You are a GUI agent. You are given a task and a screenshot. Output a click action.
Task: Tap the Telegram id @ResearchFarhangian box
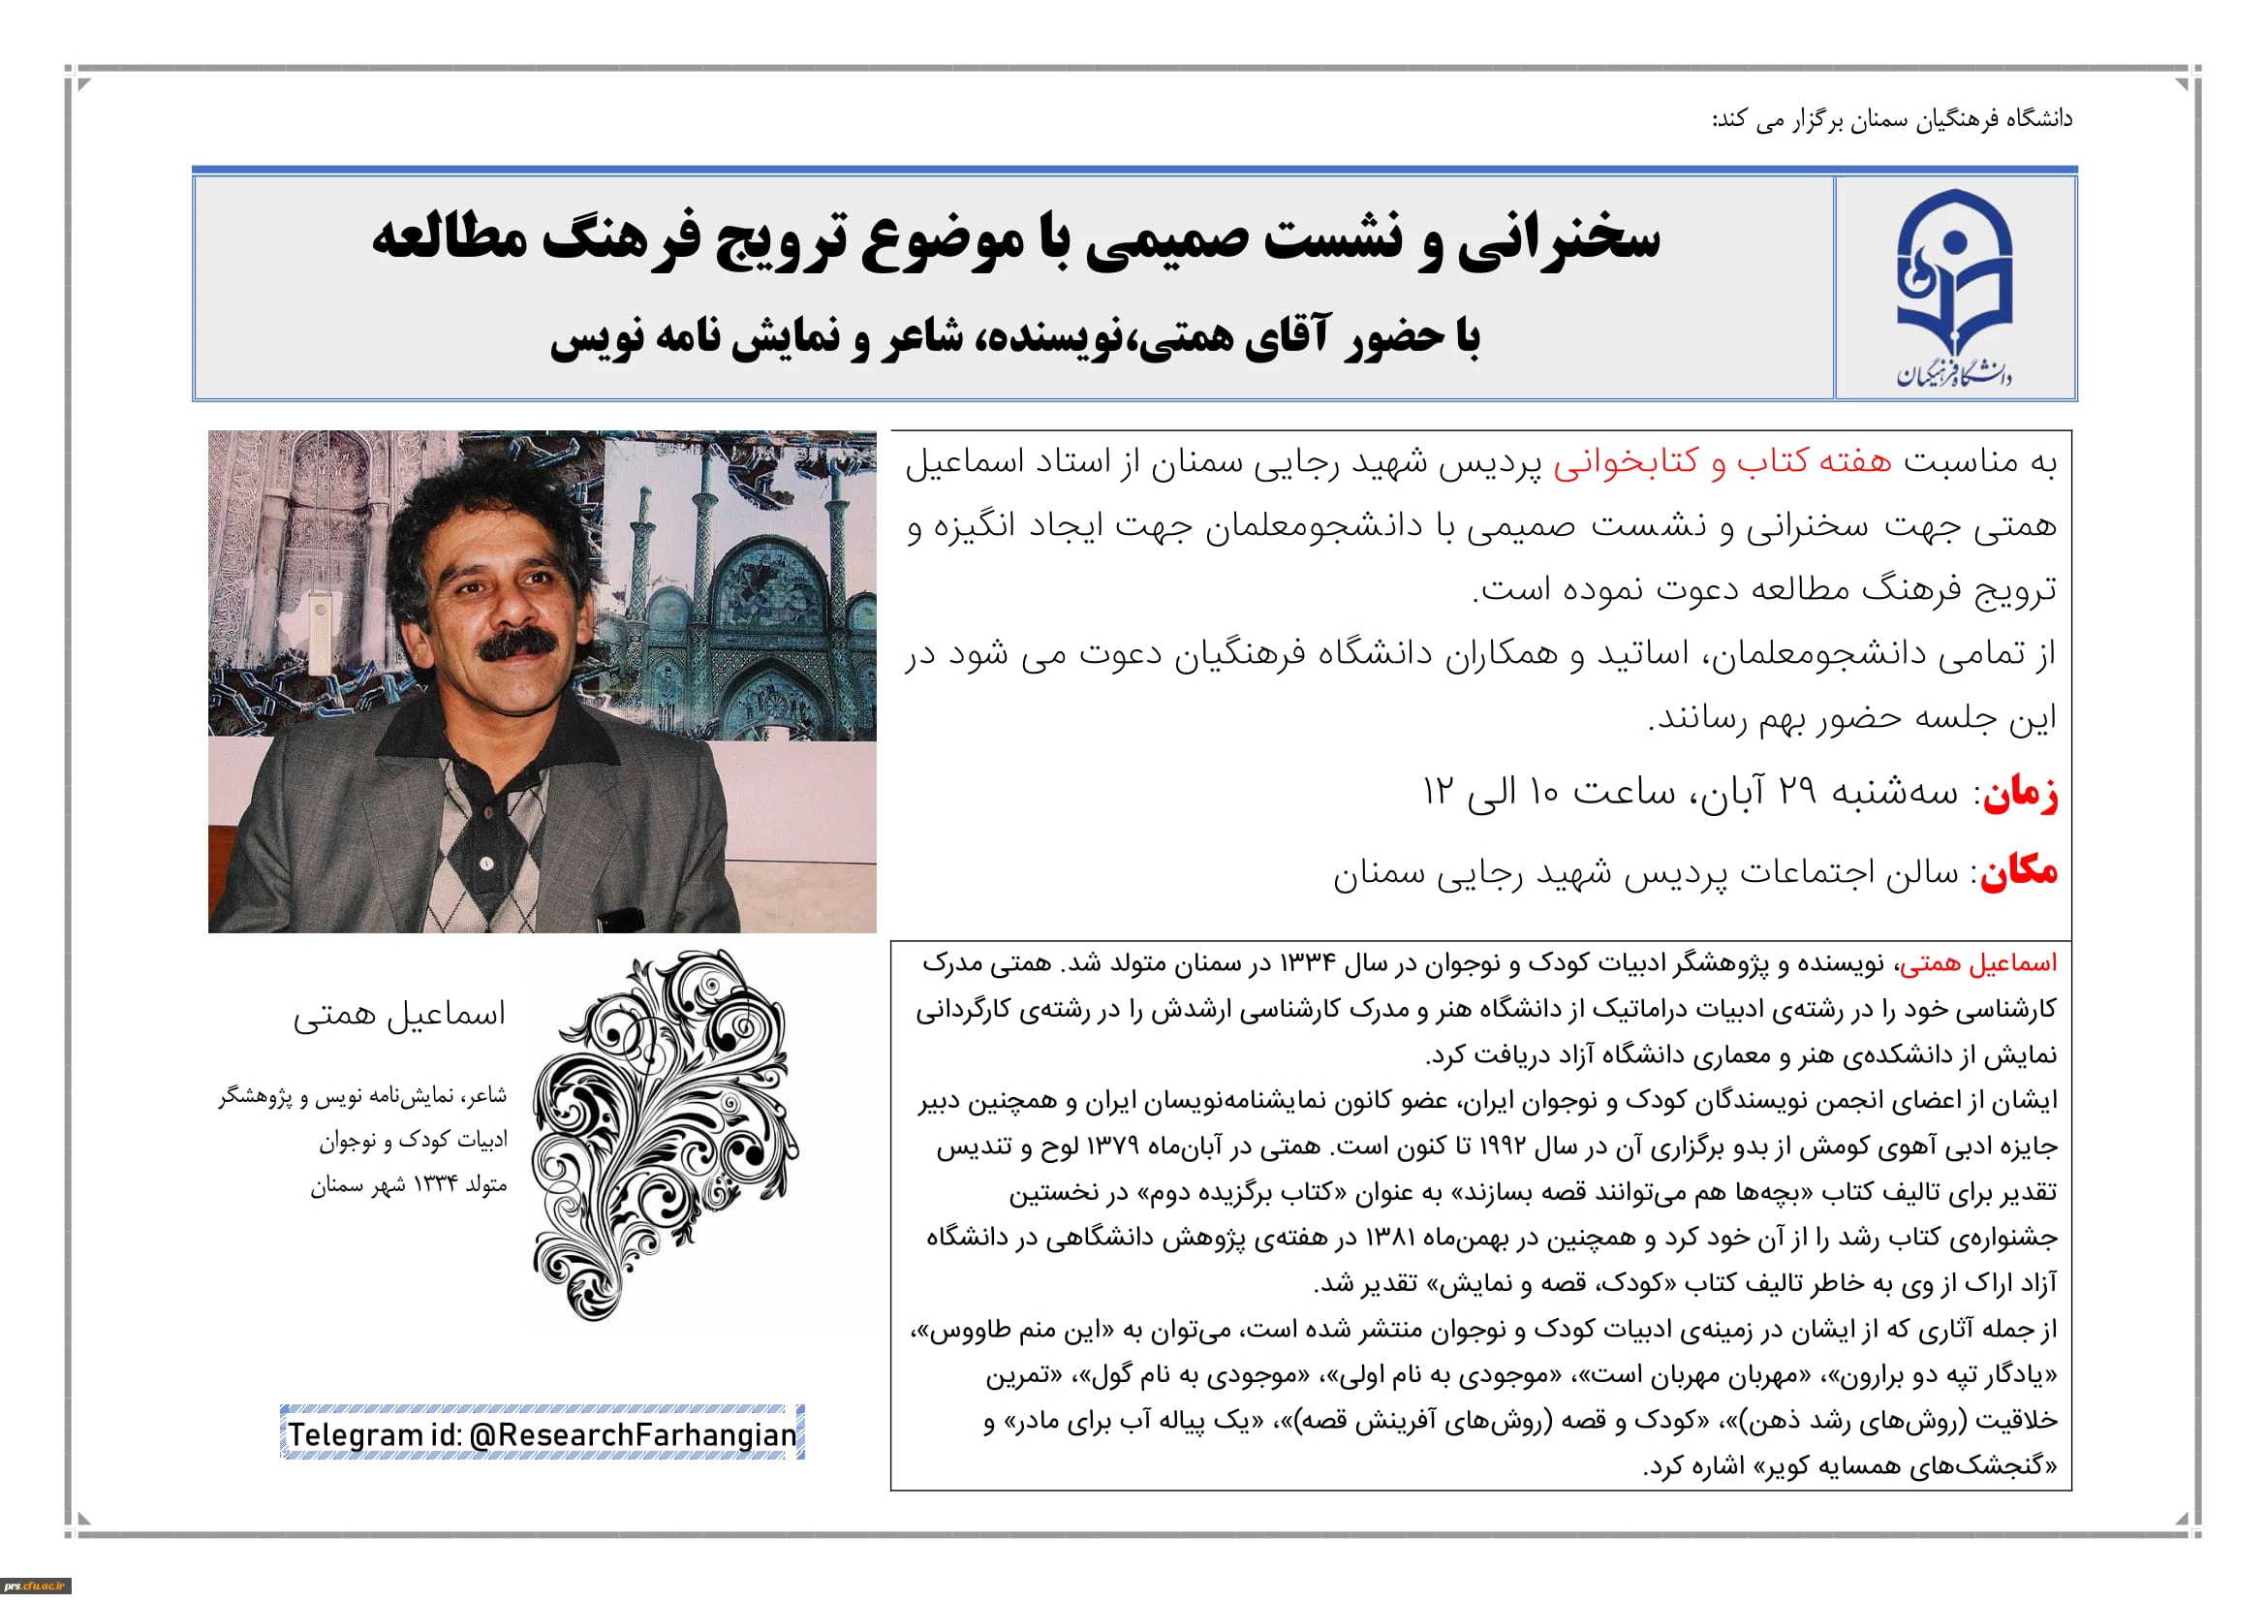(542, 1433)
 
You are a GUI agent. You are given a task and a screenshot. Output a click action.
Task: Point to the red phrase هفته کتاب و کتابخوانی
(1723, 463)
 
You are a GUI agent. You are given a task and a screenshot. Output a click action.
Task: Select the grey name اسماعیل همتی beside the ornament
(399, 1015)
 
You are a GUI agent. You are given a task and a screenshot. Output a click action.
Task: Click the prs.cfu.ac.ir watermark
(36, 1587)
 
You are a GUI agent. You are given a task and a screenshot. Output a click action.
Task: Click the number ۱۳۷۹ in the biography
(1112, 1147)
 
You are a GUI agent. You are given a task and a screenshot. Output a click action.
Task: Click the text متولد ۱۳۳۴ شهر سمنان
(409, 1185)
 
